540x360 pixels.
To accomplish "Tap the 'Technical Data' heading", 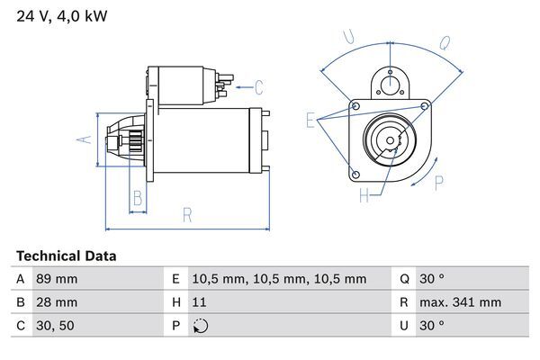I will tap(67, 256).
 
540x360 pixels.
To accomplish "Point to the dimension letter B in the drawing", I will tap(138, 198).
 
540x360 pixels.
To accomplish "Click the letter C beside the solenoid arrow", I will tap(258, 87).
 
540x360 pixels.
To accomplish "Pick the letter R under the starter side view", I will tap(186, 213).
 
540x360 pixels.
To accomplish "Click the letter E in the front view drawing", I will tap(310, 120).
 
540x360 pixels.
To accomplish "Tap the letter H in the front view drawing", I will tap(364, 194).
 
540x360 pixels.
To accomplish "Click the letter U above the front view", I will tap(349, 37).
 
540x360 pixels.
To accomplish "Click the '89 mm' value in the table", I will tap(57, 279).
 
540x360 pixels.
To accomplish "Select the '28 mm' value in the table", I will tap(57, 302).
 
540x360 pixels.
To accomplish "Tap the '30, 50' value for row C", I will tap(55, 326).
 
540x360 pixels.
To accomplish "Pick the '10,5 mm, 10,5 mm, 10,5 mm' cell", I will tap(281, 279).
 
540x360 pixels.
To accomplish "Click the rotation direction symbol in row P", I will tap(201, 326).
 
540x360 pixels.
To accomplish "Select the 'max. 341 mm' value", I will tap(463, 302).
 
